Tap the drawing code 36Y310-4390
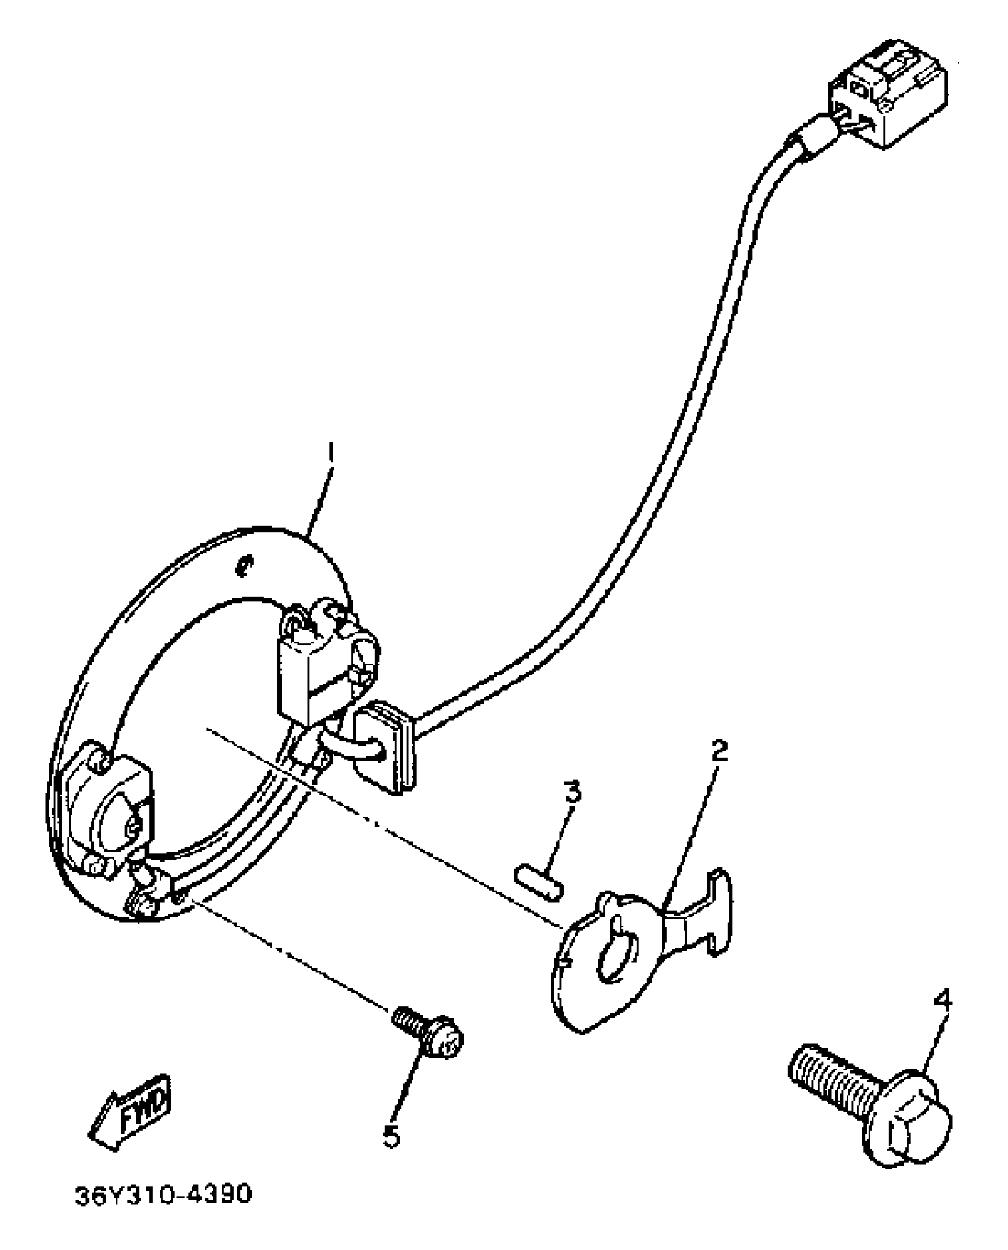pyautogui.click(x=163, y=1211)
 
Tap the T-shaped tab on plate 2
pyautogui.click(x=706, y=916)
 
